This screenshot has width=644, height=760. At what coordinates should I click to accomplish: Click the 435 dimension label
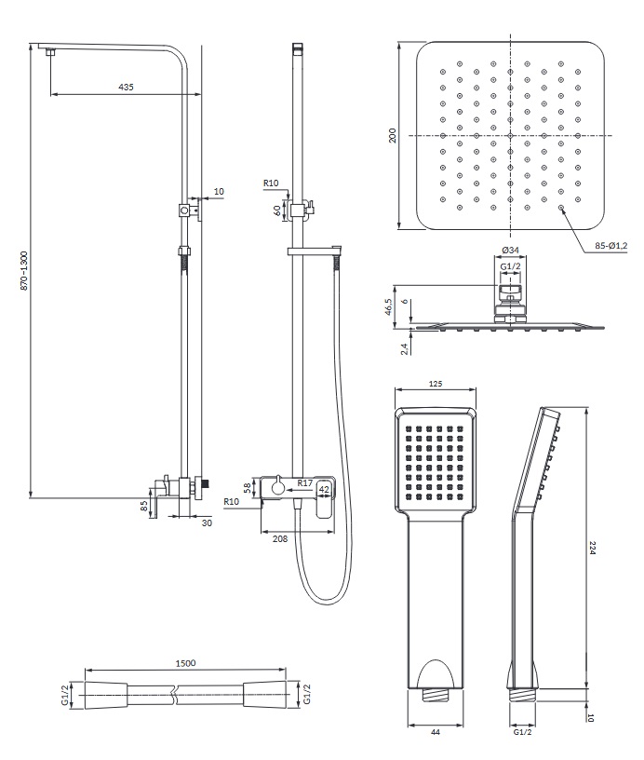(x=127, y=87)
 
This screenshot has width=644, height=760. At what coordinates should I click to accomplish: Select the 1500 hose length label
(x=185, y=662)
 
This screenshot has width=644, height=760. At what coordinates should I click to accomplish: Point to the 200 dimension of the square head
(x=394, y=135)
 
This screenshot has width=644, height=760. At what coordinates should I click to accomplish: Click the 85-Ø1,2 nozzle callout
(x=610, y=246)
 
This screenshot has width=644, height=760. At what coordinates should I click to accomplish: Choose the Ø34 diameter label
(x=510, y=251)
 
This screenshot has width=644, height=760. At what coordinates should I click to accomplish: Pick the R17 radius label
(x=304, y=482)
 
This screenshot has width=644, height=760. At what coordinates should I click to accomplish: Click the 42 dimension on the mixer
(x=325, y=488)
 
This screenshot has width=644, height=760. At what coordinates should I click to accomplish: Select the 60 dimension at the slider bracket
(x=276, y=210)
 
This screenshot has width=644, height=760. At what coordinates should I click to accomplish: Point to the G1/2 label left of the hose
(x=67, y=695)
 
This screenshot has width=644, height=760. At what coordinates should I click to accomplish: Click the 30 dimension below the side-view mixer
(x=207, y=522)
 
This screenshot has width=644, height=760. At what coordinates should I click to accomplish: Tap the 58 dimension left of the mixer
(x=248, y=486)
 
